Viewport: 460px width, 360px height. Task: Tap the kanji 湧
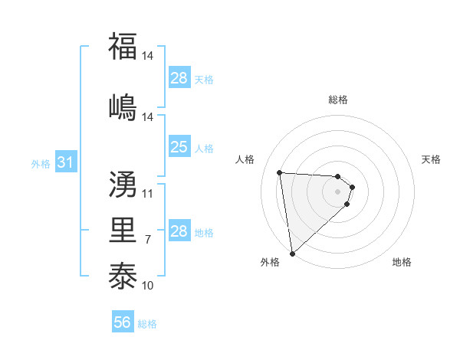tap(123, 185)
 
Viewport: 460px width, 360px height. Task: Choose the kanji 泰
tap(123, 275)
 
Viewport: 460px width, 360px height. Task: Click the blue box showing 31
tap(65, 162)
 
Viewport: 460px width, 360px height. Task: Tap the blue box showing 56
tap(122, 322)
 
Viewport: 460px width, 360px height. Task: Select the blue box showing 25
tap(179, 147)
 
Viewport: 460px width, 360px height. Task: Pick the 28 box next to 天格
tap(179, 78)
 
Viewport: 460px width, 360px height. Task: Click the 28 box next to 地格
tap(179, 231)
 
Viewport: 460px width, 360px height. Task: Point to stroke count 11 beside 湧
tap(148, 193)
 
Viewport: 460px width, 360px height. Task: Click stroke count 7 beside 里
tap(148, 240)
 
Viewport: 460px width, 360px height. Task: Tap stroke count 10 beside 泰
tap(148, 286)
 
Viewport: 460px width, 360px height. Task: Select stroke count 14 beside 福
tap(148, 56)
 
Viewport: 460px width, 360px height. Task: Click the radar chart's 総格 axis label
tap(338, 100)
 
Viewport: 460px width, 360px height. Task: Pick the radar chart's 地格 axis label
tap(402, 262)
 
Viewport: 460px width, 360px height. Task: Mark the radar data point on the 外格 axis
tap(292, 253)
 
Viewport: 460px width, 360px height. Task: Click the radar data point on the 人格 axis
tap(280, 172)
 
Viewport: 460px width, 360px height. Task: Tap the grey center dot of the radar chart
tap(338, 191)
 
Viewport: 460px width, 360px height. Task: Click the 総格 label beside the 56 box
tap(147, 324)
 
